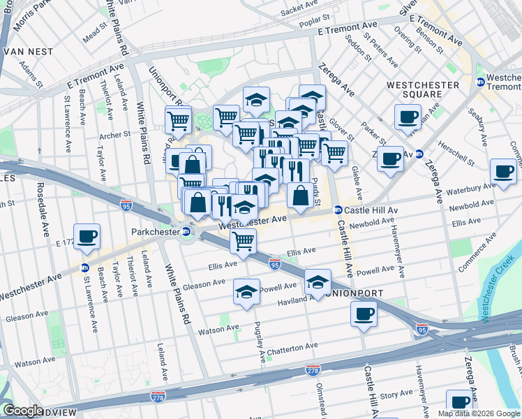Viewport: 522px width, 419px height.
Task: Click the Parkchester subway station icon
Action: click(x=186, y=232)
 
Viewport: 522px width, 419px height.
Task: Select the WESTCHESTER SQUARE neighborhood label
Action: click(x=423, y=89)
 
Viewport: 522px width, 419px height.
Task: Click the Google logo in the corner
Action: click(x=22, y=410)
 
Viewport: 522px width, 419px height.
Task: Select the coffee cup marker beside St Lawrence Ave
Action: click(x=87, y=237)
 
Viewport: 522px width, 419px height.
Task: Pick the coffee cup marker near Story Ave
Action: click(x=459, y=404)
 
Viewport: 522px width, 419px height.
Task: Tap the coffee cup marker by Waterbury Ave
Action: click(x=502, y=172)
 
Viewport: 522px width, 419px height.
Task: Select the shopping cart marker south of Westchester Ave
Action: click(x=243, y=242)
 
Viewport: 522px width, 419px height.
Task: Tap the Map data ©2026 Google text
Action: click(x=479, y=413)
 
